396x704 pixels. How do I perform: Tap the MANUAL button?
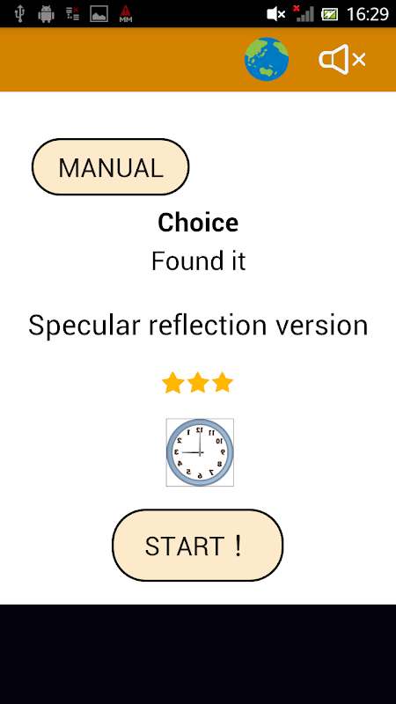click(110, 167)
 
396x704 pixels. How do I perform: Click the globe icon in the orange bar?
click(267, 59)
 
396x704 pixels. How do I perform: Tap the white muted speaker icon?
click(342, 59)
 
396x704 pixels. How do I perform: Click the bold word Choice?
click(198, 223)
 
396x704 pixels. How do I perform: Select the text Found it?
click(198, 260)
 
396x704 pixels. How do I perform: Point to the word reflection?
click(208, 325)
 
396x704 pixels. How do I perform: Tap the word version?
click(322, 326)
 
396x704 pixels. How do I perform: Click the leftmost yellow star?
click(172, 384)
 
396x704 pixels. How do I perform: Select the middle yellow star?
click(198, 384)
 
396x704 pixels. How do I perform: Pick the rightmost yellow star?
click(223, 384)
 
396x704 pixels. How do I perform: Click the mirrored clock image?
click(200, 452)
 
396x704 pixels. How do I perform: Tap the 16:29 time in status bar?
click(367, 14)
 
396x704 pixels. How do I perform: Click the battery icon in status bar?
click(329, 14)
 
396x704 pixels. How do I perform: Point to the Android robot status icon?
click(46, 14)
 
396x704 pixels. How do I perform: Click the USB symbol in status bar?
click(19, 14)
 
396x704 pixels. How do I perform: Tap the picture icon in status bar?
click(99, 14)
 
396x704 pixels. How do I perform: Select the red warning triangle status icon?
click(126, 14)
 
